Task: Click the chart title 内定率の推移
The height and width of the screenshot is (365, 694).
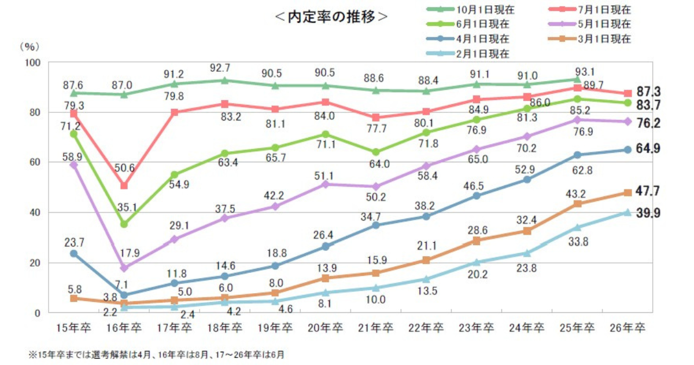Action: tap(330, 17)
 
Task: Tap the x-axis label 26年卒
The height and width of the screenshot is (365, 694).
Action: tap(627, 328)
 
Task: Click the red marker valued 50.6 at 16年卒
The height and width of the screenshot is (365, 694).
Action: tap(124, 186)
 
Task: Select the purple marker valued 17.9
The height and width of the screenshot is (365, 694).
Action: tap(124, 268)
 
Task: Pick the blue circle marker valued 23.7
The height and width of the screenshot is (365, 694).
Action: tap(73, 253)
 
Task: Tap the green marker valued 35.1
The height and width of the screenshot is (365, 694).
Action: tap(124, 224)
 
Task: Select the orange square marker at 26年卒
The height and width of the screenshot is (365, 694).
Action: tap(627, 193)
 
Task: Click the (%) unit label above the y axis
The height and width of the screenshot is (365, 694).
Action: tap(30, 45)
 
